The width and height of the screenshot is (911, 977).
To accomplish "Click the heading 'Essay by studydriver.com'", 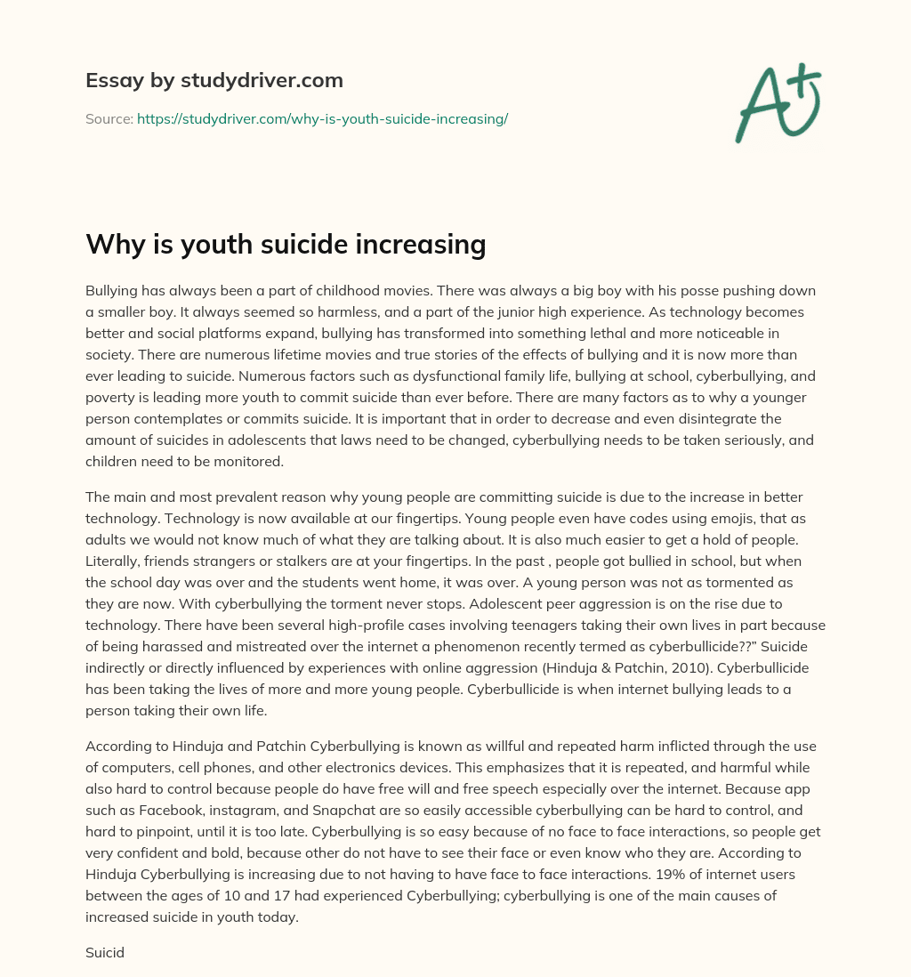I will click(x=214, y=80).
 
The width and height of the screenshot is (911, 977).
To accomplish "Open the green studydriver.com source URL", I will click(x=322, y=118).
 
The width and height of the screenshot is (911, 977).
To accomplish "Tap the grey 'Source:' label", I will click(x=109, y=118).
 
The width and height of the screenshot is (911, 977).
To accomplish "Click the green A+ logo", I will click(x=777, y=102).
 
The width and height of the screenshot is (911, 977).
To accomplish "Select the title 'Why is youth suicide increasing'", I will click(x=286, y=243).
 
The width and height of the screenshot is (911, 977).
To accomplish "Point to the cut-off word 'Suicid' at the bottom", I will click(x=104, y=952).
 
